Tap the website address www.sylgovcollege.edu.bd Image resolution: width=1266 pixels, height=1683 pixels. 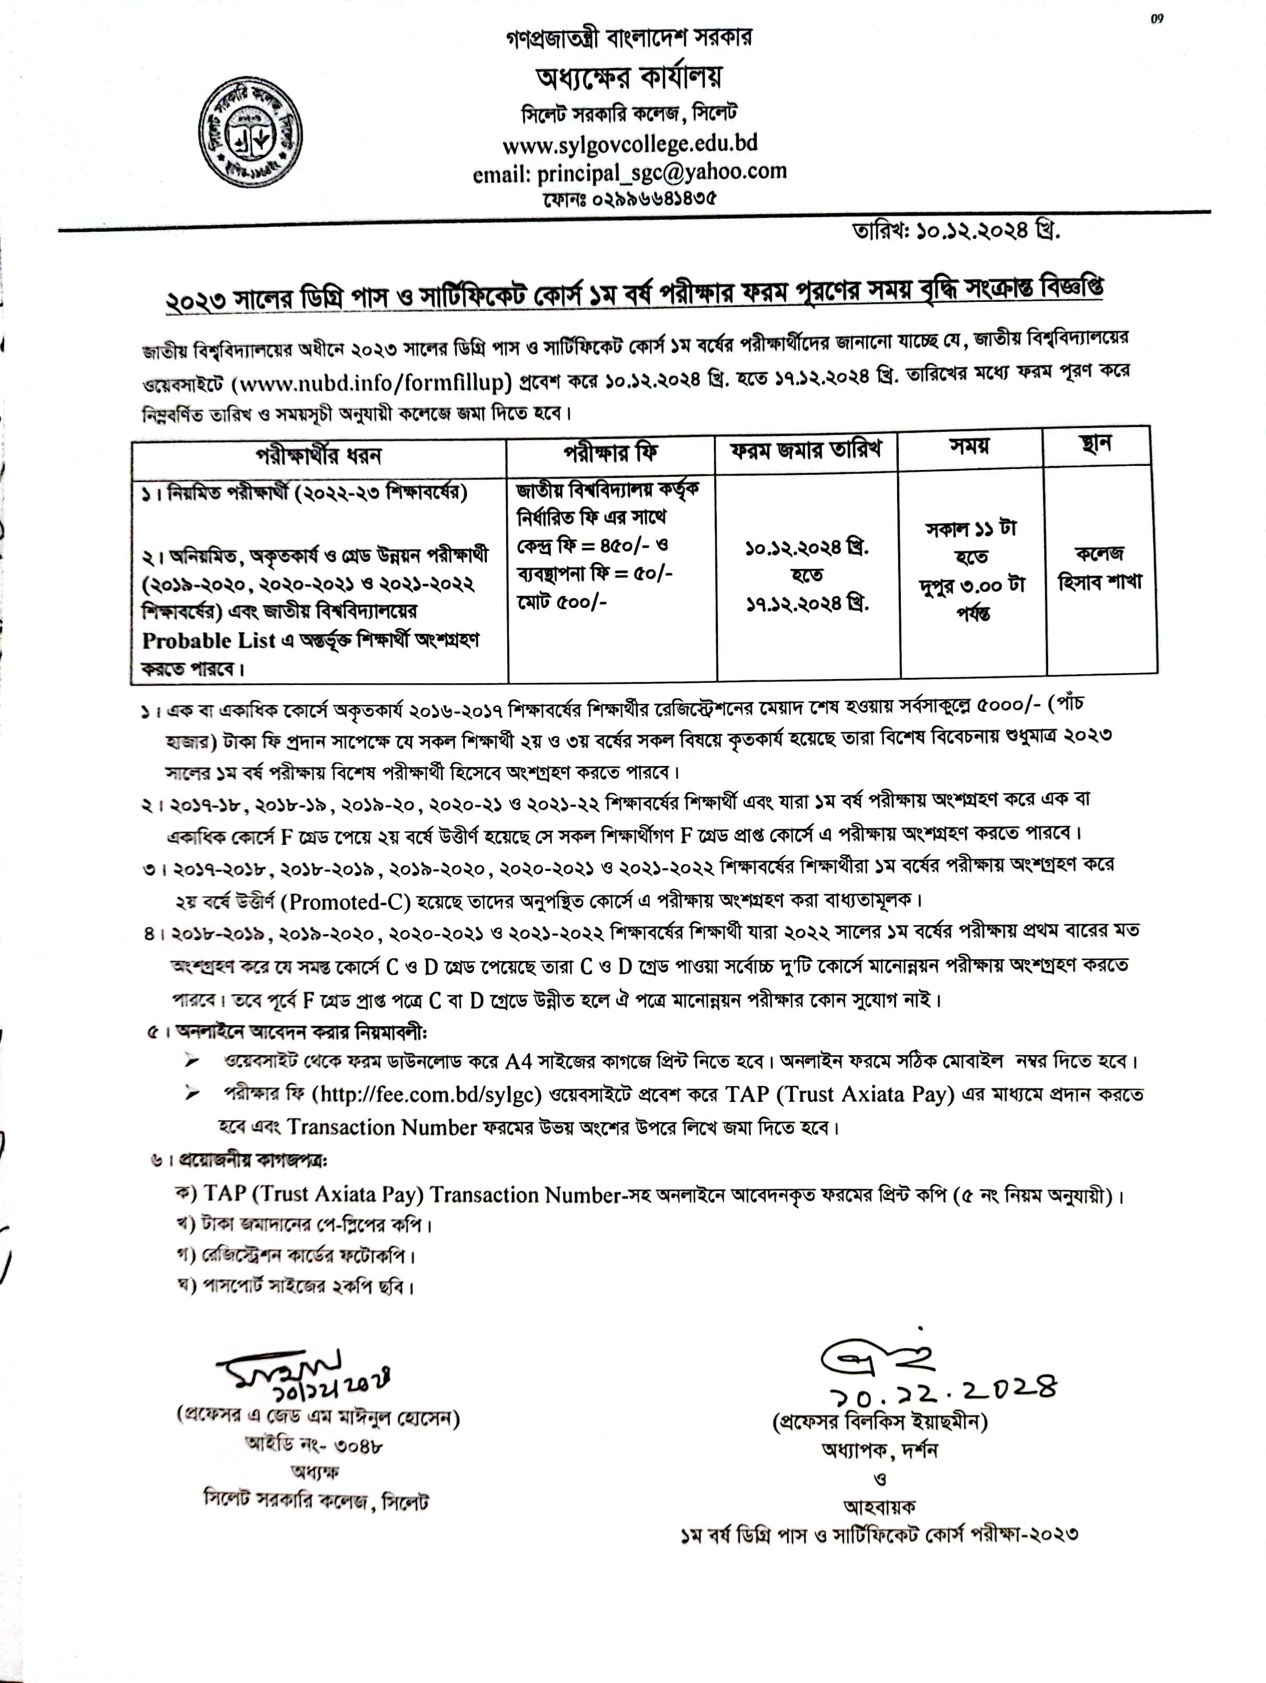pos(630,143)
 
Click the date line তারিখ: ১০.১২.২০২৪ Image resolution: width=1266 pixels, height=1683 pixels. pos(956,230)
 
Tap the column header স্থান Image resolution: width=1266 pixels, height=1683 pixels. pos(1096,444)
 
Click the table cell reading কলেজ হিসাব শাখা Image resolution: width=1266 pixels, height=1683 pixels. pos(1100,567)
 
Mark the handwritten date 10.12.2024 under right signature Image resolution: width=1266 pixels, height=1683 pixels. pos(942,1389)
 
